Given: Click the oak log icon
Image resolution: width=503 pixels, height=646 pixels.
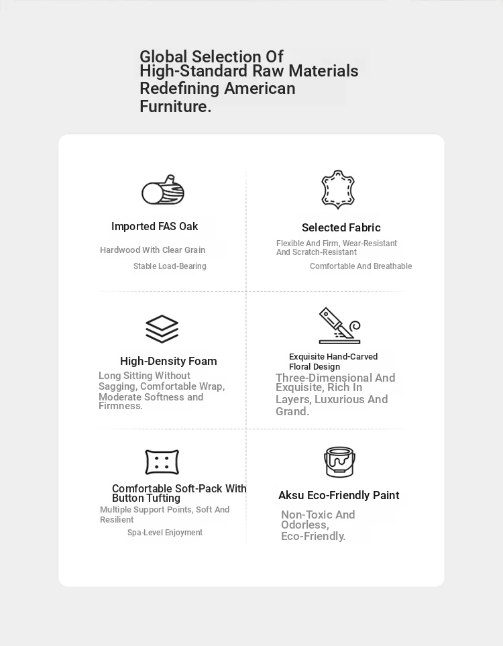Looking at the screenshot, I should pos(163,191).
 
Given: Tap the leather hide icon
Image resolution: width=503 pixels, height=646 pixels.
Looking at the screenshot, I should pos(338,189).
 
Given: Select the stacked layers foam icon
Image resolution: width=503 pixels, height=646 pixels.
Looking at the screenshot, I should pos(162,329).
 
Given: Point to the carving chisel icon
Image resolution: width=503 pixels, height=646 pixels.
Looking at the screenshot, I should pos(339,326).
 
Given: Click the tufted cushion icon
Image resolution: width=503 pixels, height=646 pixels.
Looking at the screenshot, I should pos(162,462).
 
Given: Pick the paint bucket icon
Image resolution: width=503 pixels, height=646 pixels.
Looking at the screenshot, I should pos(339,462).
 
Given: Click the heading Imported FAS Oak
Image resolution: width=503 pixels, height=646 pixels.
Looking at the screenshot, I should pos(154,227).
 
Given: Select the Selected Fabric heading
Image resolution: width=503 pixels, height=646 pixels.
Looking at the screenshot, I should pos(341,228).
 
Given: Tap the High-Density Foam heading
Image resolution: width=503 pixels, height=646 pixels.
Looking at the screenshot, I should pos(168,362).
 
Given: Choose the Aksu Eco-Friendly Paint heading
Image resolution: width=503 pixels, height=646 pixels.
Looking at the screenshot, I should pos(339,496).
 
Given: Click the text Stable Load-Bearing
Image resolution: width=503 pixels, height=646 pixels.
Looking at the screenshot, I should pos(170,266).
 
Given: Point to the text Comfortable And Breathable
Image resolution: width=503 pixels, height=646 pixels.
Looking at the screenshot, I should pos(361,266).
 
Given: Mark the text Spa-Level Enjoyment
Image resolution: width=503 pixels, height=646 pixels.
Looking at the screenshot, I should pos(165,533).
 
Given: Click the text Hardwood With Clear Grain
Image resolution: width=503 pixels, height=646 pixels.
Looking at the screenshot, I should pos(152,250).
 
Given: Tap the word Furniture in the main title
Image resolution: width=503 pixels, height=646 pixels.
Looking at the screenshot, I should pos(173,107).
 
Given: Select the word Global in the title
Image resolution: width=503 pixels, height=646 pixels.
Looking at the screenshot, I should pos(164,56).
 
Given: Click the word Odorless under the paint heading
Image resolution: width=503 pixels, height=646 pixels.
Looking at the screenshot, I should pos(304,525).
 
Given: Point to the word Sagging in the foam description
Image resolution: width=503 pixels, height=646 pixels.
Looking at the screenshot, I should pos(117,386).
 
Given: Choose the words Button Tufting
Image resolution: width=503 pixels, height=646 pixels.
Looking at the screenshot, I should pos(146,498).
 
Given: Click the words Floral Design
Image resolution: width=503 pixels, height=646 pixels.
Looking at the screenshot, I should pos(315,367).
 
